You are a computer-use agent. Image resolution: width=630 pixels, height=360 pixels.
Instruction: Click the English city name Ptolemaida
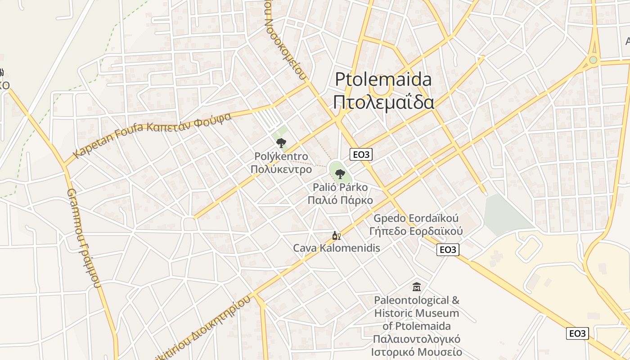tap(383, 80)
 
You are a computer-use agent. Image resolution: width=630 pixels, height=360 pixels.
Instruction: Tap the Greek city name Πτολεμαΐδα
tap(383, 102)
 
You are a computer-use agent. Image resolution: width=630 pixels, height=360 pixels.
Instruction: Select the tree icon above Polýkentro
tap(281, 143)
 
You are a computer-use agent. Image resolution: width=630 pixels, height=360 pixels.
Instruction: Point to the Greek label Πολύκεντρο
tap(281, 170)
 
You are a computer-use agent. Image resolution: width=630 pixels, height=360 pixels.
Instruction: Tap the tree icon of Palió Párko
tap(340, 174)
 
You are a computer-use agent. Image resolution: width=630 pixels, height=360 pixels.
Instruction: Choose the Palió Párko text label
tap(340, 187)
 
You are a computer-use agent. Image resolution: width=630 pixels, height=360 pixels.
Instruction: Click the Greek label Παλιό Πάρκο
tap(340, 200)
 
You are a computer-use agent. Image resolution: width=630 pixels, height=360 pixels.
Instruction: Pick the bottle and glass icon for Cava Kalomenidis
tap(336, 235)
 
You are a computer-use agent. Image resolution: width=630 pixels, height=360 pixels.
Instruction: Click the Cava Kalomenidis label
tap(337, 248)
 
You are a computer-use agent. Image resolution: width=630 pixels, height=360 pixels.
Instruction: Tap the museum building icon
tap(417, 286)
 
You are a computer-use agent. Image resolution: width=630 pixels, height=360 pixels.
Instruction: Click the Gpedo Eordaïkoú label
tap(416, 219)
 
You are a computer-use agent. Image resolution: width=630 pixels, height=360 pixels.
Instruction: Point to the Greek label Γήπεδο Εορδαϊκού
tap(416, 231)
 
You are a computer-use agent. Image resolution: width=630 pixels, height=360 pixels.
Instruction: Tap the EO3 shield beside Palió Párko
tap(361, 154)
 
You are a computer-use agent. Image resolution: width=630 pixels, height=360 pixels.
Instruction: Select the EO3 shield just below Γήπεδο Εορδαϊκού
tap(448, 250)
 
